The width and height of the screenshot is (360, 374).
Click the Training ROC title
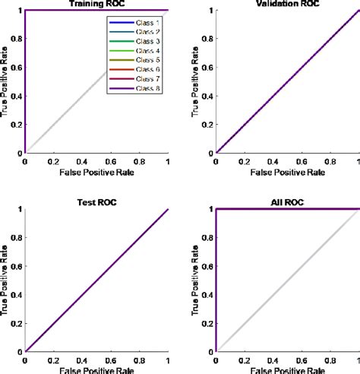[x=97, y=4]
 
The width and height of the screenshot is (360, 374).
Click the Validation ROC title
[x=289, y=4]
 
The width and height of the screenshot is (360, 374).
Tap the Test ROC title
[x=97, y=203]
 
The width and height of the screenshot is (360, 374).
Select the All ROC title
[x=289, y=203]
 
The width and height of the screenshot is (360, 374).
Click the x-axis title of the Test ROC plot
[x=97, y=372]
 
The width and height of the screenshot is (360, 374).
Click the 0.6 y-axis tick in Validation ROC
[x=209, y=67]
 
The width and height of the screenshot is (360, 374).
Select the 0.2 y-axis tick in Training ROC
[x=17, y=124]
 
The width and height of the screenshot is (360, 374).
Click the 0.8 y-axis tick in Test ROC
[x=17, y=237]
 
